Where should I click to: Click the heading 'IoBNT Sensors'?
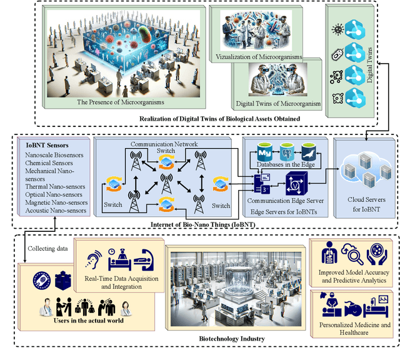pyautogui.click(x=44, y=145)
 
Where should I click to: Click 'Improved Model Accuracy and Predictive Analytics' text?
pyautogui.click(x=354, y=277)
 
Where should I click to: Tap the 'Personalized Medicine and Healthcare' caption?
pyautogui.click(x=354, y=329)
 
